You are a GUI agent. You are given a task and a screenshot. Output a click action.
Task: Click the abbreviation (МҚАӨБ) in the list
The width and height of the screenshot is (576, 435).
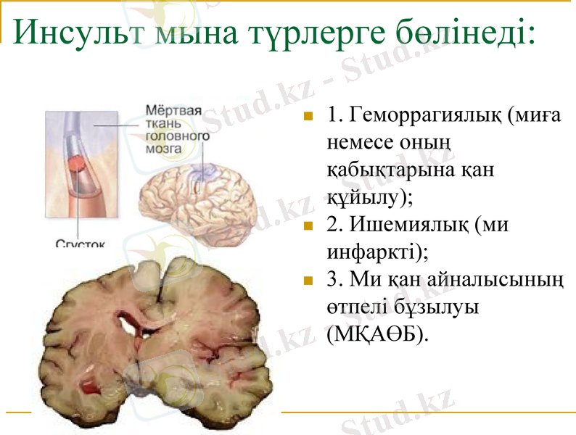pos(377,335)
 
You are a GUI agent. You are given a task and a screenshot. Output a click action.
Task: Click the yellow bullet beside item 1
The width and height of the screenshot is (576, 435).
pos(308,116)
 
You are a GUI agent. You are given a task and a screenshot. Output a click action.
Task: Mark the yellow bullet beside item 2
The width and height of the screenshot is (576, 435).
pos(308,225)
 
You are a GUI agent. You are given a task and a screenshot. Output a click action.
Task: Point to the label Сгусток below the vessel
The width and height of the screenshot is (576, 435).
pos(80,244)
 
